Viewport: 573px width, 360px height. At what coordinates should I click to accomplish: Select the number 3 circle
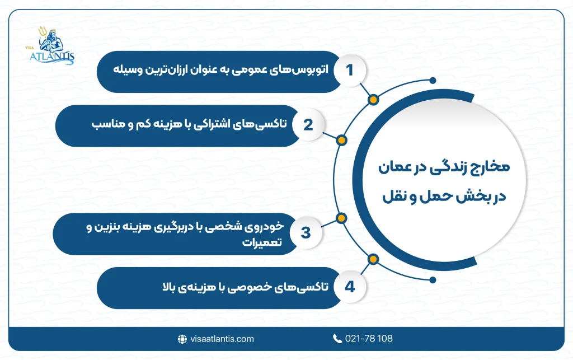306,232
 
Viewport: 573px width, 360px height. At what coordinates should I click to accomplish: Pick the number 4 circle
350,287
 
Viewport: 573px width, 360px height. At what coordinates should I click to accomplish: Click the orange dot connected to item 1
373,100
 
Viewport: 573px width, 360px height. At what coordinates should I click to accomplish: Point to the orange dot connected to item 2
342,140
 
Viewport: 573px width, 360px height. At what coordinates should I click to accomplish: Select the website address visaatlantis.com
222,339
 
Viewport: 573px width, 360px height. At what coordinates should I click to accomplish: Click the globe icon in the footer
182,339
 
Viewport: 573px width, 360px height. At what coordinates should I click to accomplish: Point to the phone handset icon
337,339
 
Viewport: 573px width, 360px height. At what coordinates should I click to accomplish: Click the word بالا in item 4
166,288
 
